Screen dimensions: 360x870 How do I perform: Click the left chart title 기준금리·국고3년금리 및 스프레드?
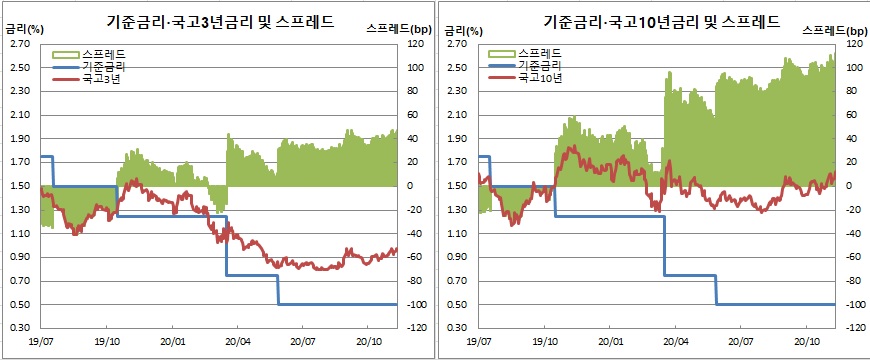coord(222,20)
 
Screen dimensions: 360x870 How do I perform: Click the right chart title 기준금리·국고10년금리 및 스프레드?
coord(660,20)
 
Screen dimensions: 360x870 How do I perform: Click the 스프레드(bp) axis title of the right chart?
coord(835,31)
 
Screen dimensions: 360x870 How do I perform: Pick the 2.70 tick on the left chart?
coord(20,45)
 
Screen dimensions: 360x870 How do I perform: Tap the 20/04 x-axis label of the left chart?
coord(237,342)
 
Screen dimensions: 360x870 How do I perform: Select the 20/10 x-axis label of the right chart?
coord(806,342)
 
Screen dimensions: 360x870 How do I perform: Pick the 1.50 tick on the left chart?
coord(20,186)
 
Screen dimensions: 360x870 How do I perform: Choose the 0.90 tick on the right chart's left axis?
coord(458,257)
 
